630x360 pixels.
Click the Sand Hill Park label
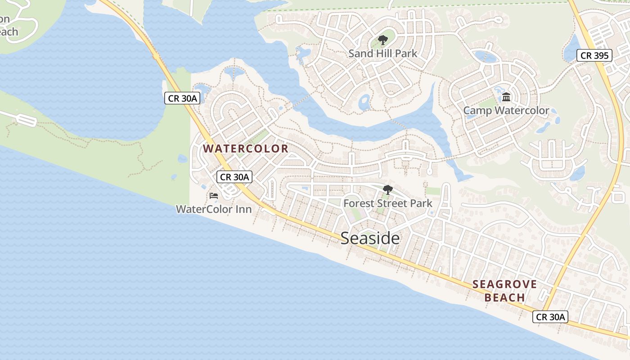pos(383,54)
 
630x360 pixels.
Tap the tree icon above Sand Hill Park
pos(383,40)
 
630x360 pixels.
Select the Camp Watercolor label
pos(506,110)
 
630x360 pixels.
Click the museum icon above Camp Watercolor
pos(506,97)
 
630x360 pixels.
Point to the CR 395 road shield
pos(594,56)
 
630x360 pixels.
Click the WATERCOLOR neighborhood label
pos(246,148)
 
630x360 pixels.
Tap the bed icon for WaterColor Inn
pos(214,196)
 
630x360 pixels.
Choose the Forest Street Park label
pos(387,203)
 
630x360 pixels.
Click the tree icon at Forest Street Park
pos(387,190)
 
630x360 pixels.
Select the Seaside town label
pos(370,238)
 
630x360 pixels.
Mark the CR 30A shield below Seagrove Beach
pos(550,317)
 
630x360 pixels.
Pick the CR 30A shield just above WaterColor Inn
pos(234,177)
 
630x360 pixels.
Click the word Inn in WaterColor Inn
pos(243,209)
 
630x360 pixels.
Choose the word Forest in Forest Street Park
pos(359,203)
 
